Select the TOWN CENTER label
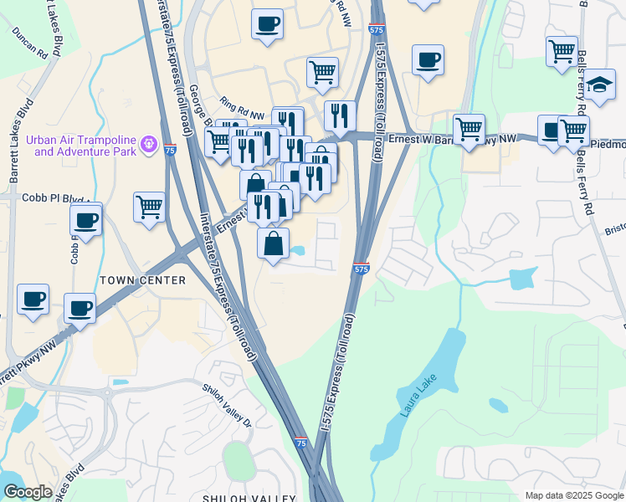142,280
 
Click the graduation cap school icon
599,85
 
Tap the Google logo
28,492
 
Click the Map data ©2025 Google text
573,495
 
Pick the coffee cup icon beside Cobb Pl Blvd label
86,220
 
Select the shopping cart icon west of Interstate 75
149,205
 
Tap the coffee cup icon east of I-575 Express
428,59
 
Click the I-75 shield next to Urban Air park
170,151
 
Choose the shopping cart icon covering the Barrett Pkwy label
469,129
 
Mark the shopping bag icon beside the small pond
273,243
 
